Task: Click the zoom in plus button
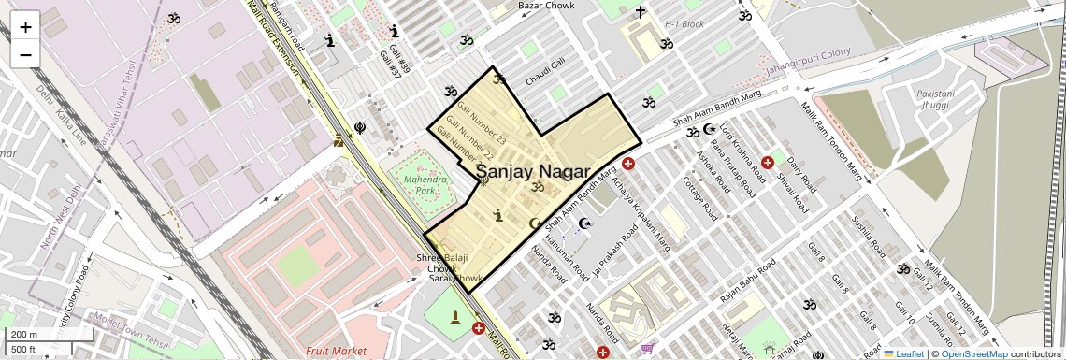point(25,26)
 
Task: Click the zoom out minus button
point(25,54)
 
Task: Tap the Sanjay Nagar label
point(533,172)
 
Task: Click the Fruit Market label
point(336,351)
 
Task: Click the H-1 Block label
point(684,24)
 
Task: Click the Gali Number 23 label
point(476,127)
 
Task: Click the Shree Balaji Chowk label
point(439,264)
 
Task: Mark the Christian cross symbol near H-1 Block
point(641,12)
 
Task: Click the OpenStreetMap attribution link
point(974,353)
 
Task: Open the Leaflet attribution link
point(903,353)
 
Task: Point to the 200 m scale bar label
point(24,335)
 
